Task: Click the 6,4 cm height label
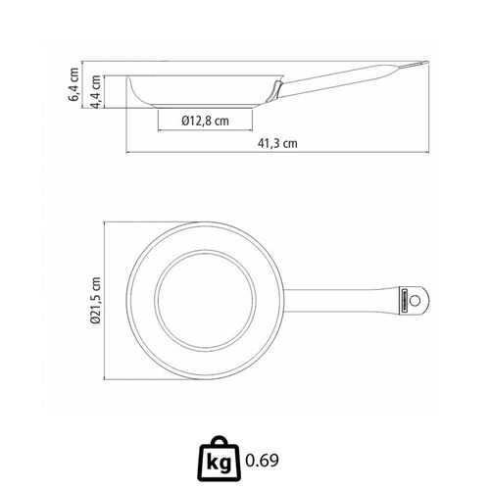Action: pos(74,84)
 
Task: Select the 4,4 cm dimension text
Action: pos(96,92)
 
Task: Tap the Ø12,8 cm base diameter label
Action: pos(205,121)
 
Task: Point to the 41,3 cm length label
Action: pos(277,143)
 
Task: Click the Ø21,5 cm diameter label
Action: pos(96,300)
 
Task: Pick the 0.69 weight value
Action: pos(262,461)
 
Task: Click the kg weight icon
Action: pos(219,459)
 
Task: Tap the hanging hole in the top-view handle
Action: pos(415,300)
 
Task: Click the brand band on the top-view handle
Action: pos(403,300)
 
